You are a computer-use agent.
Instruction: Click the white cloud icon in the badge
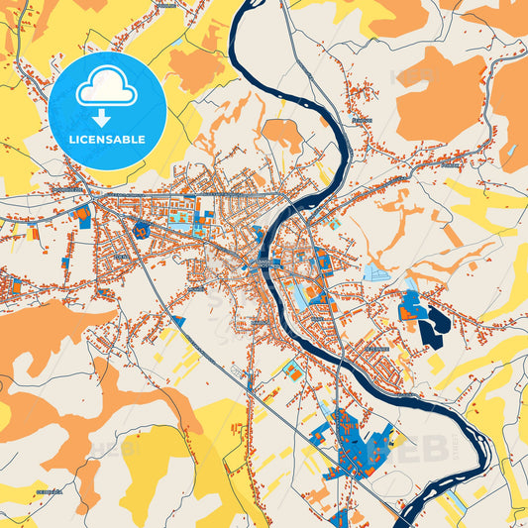click(106, 88)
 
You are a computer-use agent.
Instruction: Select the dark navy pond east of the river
click(434, 322)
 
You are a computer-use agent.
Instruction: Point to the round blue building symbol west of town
click(142, 230)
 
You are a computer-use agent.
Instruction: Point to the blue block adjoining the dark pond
click(409, 311)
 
